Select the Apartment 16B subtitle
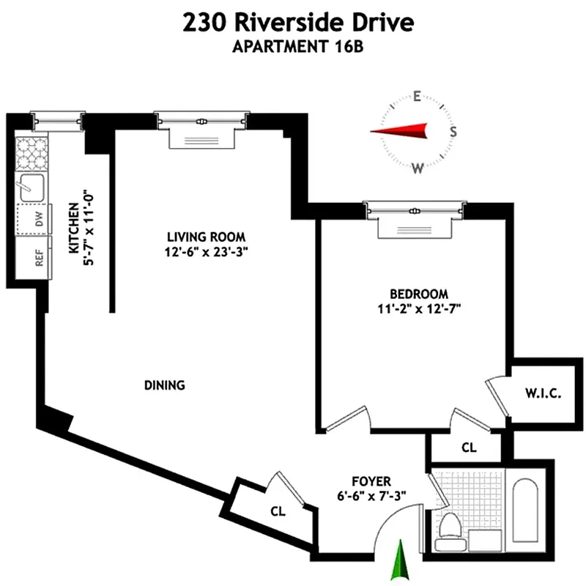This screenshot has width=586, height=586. (x=298, y=48)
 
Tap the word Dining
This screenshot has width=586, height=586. (x=164, y=385)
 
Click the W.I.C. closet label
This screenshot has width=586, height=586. (x=543, y=394)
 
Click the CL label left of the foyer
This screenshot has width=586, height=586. (x=278, y=511)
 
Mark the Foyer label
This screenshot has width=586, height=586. (x=371, y=481)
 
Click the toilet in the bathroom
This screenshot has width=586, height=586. (x=448, y=526)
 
